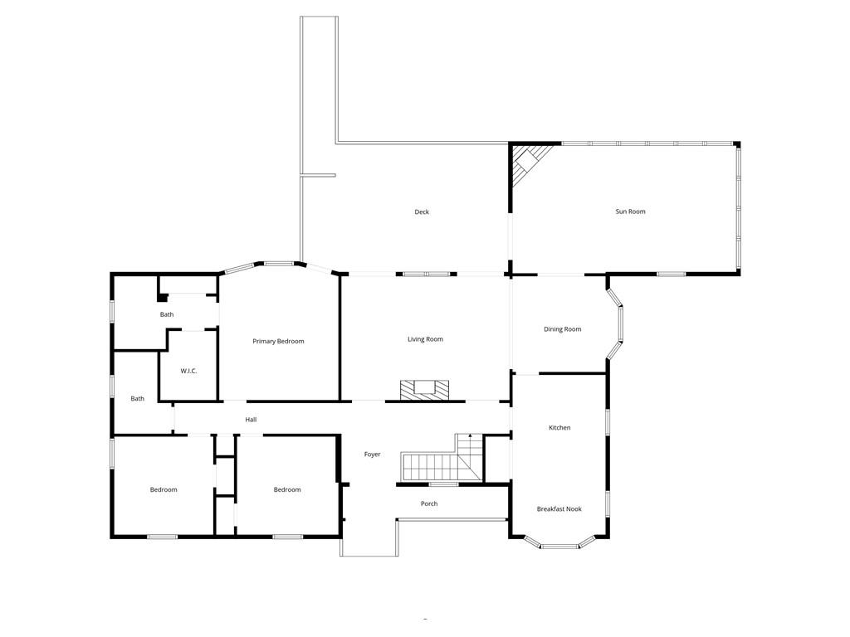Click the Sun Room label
click(x=630, y=212)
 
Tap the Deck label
click(x=422, y=212)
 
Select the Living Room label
click(x=425, y=339)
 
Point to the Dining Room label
click(x=562, y=329)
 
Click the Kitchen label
click(x=559, y=428)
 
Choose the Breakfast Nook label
click(x=559, y=509)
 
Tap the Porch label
click(x=429, y=504)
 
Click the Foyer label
click(x=372, y=455)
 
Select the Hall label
click(x=251, y=420)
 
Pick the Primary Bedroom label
click(x=278, y=342)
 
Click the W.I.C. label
click(x=188, y=371)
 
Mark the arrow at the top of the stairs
click(x=470, y=436)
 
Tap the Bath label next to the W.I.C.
click(x=167, y=315)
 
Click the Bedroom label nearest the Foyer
click(x=287, y=490)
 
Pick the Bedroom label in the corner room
click(x=164, y=490)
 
